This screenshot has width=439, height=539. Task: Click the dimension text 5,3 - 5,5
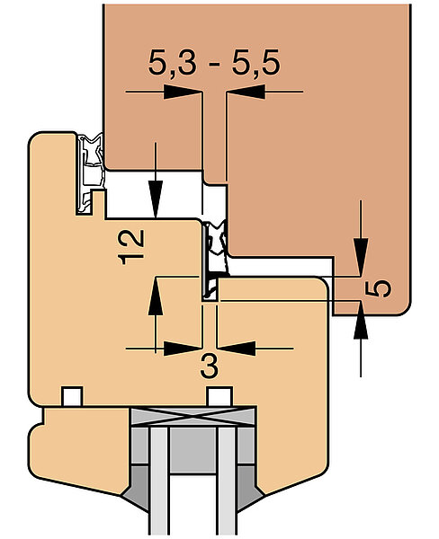pyautogui.click(x=214, y=63)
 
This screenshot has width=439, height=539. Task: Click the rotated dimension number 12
pyautogui.click(x=130, y=247)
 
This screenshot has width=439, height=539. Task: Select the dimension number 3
pyautogui.click(x=209, y=367)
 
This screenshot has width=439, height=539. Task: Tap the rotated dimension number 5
pyautogui.click(x=378, y=288)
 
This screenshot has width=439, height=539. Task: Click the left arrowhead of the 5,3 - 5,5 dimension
pyautogui.click(x=182, y=92)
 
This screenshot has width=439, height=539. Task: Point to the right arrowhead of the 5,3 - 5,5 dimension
pyautogui.click(x=246, y=92)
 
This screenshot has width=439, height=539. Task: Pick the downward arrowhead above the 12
pyautogui.click(x=156, y=199)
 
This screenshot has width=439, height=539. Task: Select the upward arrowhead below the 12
pyautogui.click(x=156, y=296)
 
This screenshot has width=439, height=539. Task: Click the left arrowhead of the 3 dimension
pyautogui.click(x=182, y=349)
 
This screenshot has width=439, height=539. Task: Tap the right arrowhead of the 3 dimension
pyautogui.click(x=237, y=349)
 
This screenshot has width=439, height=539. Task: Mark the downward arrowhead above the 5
pyautogui.click(x=361, y=257)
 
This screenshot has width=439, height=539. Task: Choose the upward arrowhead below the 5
pyautogui.click(x=361, y=320)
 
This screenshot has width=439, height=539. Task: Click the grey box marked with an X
pyautogui.click(x=193, y=417)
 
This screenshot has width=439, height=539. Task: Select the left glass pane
pyautogui.click(x=159, y=481)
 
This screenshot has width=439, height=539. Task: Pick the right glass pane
pyautogui.click(x=227, y=481)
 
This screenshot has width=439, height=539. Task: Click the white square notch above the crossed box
pyautogui.click(x=219, y=396)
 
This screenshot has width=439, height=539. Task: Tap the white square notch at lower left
pyautogui.click(x=72, y=396)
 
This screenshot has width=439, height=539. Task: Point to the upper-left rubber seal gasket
pyautogui.click(x=90, y=173)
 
